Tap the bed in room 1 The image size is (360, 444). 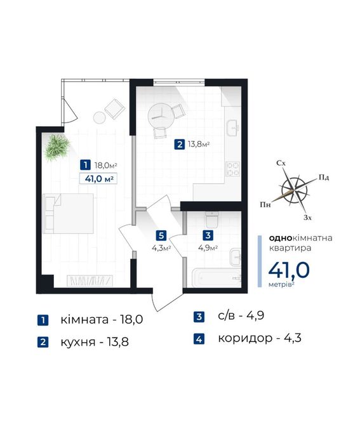[x=68, y=214]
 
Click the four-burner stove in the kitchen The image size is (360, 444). [x=233, y=169]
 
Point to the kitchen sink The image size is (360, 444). [x=233, y=128]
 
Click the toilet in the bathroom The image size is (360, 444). [x=212, y=219]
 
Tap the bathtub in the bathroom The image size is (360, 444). [x=217, y=277]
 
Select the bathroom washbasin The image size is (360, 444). [x=236, y=257]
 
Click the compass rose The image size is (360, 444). [x=295, y=190]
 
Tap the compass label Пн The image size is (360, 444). [x=265, y=204]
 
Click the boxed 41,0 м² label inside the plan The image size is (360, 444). [x=98, y=179]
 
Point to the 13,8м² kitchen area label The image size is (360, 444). [x=199, y=145]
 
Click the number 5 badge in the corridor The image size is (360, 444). [x=161, y=235]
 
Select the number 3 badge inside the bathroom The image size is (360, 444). [x=208, y=235]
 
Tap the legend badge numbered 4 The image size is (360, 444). [x=199, y=339]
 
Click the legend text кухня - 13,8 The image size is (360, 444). [x=95, y=342]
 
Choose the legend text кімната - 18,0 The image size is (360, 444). [x=102, y=320]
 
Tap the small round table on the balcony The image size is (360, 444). [x=100, y=117]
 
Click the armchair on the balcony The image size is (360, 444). [x=115, y=109]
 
